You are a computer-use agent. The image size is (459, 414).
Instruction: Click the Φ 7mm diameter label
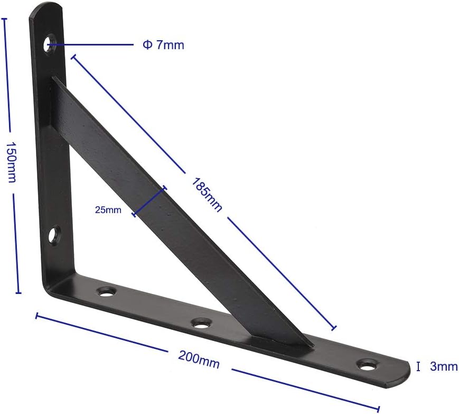(163, 45)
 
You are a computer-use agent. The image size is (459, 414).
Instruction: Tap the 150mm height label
(11, 161)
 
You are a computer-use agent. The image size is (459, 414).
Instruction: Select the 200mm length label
(199, 360)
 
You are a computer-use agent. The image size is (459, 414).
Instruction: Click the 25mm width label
(108, 210)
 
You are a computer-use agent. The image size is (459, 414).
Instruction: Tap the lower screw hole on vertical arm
(53, 235)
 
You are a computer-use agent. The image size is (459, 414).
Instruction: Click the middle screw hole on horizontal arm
(201, 323)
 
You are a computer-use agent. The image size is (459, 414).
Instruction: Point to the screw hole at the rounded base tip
(368, 364)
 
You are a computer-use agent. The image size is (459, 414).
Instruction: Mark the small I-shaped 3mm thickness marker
(418, 366)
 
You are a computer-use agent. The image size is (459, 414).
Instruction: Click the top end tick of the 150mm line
(5, 19)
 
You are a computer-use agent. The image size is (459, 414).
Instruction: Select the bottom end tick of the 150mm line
(18, 292)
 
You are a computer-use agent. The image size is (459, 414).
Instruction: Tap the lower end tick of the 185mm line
(333, 328)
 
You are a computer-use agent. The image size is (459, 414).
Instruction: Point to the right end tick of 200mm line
(379, 409)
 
